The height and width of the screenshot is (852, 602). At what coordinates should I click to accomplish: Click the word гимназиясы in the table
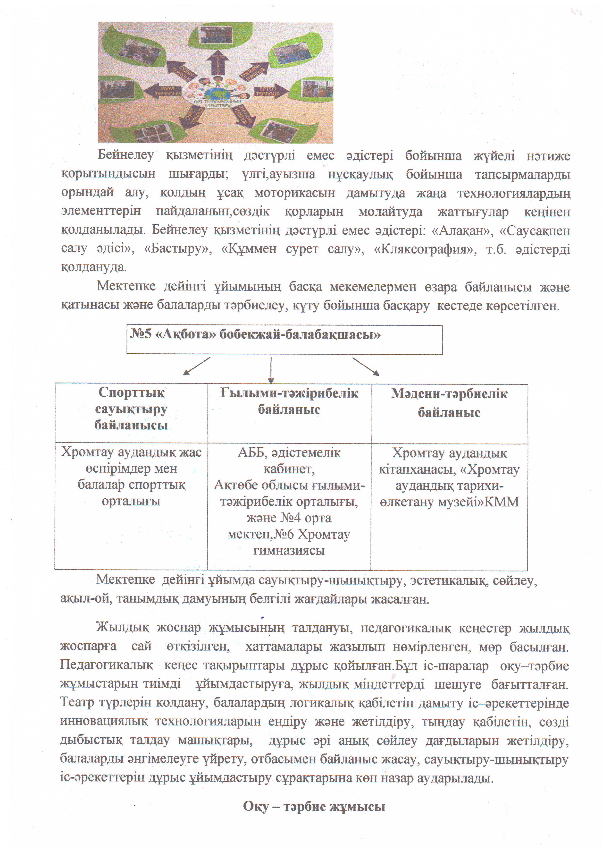(x=289, y=550)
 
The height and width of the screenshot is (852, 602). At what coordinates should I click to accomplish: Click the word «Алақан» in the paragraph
(x=460, y=230)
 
